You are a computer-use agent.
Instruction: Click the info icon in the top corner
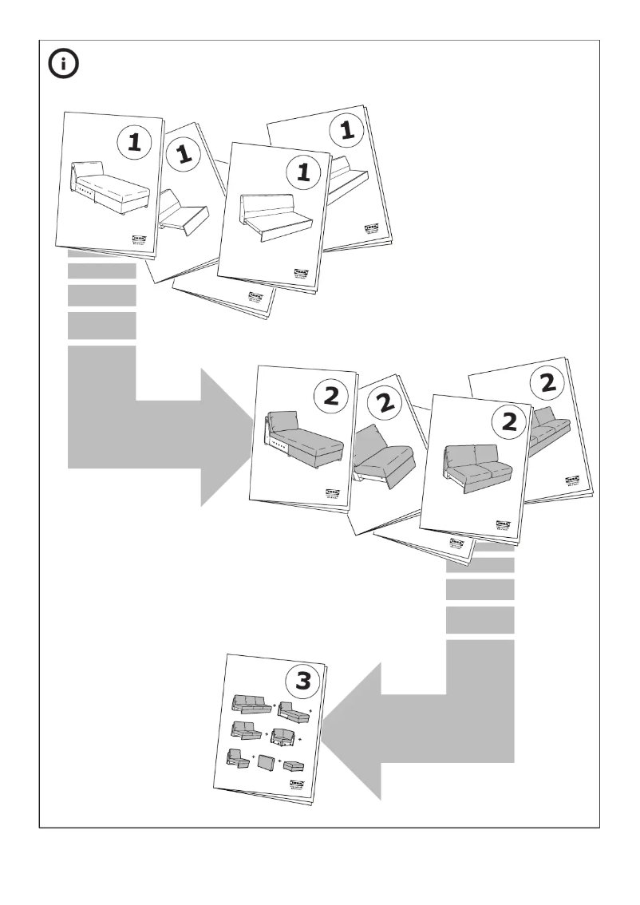[x=64, y=65]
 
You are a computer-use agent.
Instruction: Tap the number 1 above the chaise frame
[x=134, y=143]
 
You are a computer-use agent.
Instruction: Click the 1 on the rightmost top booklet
[x=347, y=132]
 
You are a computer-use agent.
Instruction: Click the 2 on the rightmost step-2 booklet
[x=547, y=384]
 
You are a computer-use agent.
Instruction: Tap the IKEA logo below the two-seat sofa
[x=504, y=522]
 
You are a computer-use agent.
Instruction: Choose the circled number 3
[x=304, y=682]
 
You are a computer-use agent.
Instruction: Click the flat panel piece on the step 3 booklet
[x=267, y=762]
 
